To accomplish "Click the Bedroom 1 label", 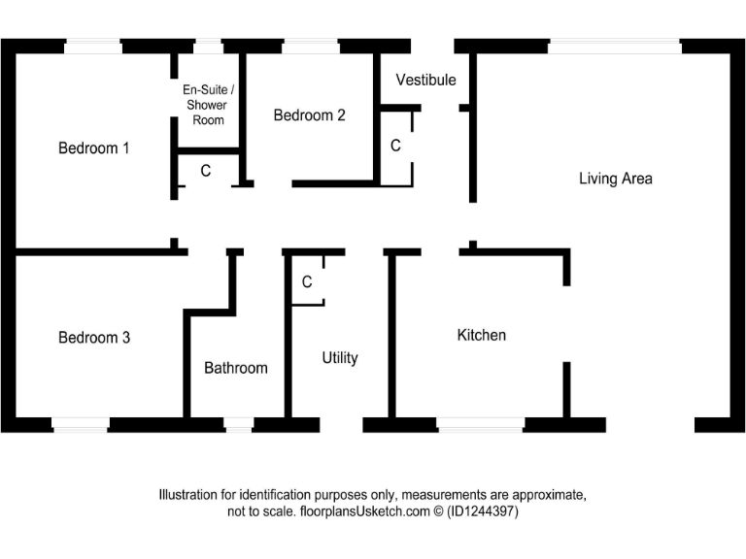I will [94, 148].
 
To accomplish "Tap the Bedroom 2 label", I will [309, 115].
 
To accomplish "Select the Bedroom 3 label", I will [94, 338].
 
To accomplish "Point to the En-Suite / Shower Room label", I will [208, 105].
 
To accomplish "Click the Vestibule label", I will [425, 80].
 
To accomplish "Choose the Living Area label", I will [616, 179].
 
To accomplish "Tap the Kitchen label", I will [482, 335].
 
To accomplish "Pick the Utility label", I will [340, 358].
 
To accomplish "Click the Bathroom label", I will [235, 368].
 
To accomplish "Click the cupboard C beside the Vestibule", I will [395, 146].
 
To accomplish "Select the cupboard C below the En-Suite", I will [206, 171].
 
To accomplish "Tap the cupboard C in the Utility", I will [307, 282].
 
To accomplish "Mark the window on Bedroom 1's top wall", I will [93, 46].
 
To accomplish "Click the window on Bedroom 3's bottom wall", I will [80, 424].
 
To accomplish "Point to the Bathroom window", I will [238, 424].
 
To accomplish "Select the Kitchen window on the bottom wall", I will [481, 424].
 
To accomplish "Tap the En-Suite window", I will [207, 46].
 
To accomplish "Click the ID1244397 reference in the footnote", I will [483, 511].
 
